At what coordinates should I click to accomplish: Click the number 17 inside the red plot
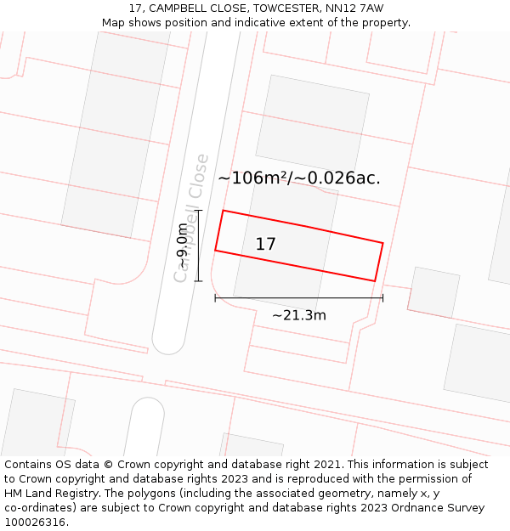click(x=265, y=245)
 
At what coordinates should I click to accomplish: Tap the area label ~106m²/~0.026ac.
click(x=299, y=178)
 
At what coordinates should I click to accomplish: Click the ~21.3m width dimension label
click(x=299, y=315)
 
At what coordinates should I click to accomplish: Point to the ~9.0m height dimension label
click(x=183, y=246)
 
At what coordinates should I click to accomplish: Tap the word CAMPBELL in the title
click(x=180, y=8)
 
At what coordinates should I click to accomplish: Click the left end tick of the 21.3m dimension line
click(x=215, y=297)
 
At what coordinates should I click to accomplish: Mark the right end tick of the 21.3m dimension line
click(x=382, y=297)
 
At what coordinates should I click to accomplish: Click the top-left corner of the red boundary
click(x=223, y=211)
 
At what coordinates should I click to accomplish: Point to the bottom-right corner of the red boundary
click(x=375, y=280)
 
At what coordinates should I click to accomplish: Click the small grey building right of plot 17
click(x=433, y=292)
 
